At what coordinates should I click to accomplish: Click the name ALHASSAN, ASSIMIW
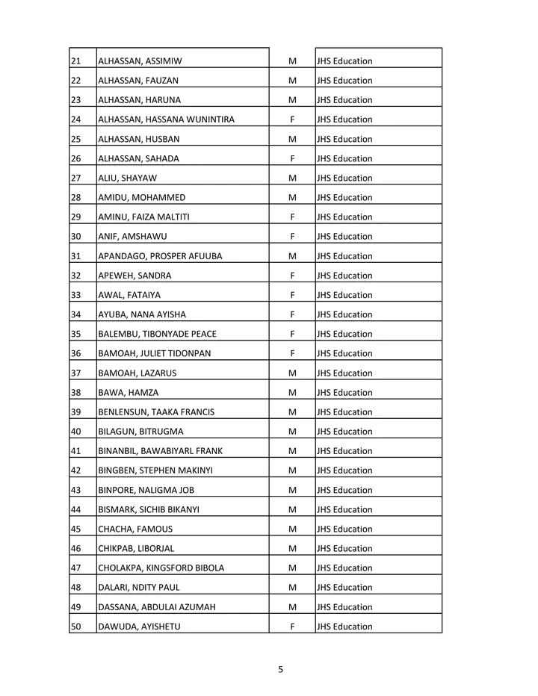pyautogui.click(x=140, y=61)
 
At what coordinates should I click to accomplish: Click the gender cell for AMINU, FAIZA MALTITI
pyautogui.click(x=292, y=217)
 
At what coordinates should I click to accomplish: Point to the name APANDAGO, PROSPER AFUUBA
pyautogui.click(x=160, y=256)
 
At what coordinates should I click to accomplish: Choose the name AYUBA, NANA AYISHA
pyautogui.click(x=142, y=314)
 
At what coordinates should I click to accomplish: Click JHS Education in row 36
pyautogui.click(x=344, y=354)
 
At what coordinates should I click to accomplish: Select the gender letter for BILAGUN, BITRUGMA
pyautogui.click(x=292, y=432)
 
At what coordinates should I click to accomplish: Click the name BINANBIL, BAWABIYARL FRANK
pyautogui.click(x=160, y=451)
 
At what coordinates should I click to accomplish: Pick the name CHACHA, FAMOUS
pyautogui.click(x=135, y=529)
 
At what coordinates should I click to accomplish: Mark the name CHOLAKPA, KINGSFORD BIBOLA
pyautogui.click(x=161, y=568)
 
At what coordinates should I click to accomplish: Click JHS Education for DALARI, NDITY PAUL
pyautogui.click(x=344, y=588)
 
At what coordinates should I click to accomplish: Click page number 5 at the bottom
pyautogui.click(x=280, y=669)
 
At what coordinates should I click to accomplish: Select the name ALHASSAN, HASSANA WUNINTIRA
pyautogui.click(x=166, y=119)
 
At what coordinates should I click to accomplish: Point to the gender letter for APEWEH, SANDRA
pyautogui.click(x=292, y=276)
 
